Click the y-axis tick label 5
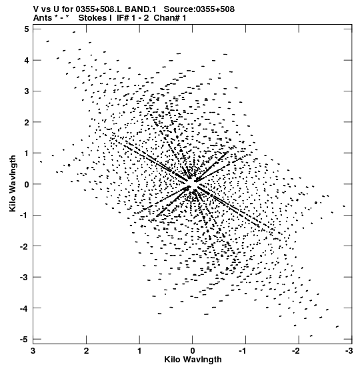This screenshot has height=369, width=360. click(x=27, y=29)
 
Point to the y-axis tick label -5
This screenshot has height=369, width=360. click(x=24, y=339)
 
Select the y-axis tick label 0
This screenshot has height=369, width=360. click(x=27, y=184)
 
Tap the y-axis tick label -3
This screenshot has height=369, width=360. click(x=24, y=277)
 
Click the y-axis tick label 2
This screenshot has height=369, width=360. click(x=27, y=122)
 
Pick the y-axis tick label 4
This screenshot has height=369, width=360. click(x=27, y=60)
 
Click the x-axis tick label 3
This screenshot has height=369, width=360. click(x=33, y=351)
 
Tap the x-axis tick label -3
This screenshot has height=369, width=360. click(x=349, y=351)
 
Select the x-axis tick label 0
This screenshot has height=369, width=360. click(x=193, y=351)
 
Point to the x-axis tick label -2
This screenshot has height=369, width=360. click(x=296, y=351)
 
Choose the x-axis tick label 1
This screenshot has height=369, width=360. click(x=139, y=351)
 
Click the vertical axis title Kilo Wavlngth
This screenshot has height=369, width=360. click(x=13, y=183)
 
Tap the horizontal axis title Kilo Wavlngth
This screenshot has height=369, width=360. click(x=193, y=360)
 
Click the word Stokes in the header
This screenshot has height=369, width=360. click(x=93, y=18)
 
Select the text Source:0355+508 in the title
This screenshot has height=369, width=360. click(x=199, y=9)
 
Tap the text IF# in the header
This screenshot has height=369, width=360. click(x=123, y=18)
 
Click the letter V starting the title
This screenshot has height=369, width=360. click(x=36, y=9)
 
